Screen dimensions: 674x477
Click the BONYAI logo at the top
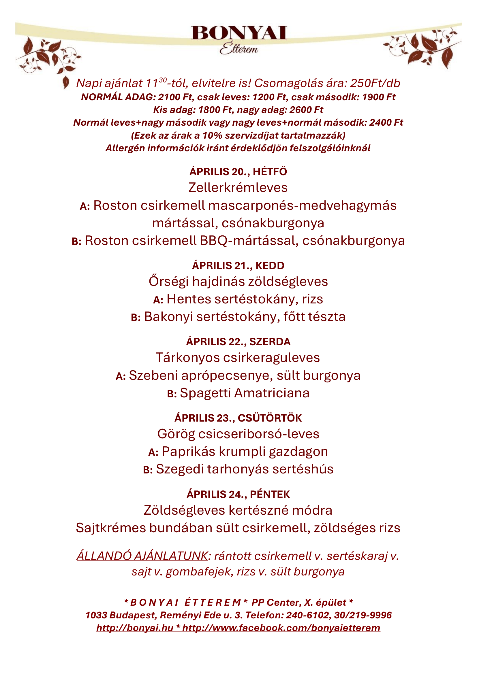(239, 33)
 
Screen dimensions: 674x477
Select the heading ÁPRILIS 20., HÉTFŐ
(238, 172)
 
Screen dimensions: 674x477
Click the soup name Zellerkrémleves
(238, 188)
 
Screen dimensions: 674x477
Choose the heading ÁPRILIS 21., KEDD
(238, 266)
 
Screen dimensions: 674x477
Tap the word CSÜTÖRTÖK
(270, 418)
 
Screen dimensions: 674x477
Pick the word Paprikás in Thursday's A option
(189, 452)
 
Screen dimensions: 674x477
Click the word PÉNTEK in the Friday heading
(270, 494)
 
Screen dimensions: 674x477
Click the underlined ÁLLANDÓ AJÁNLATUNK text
(142, 556)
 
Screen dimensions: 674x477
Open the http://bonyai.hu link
(135, 628)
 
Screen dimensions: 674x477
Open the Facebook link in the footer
(281, 628)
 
